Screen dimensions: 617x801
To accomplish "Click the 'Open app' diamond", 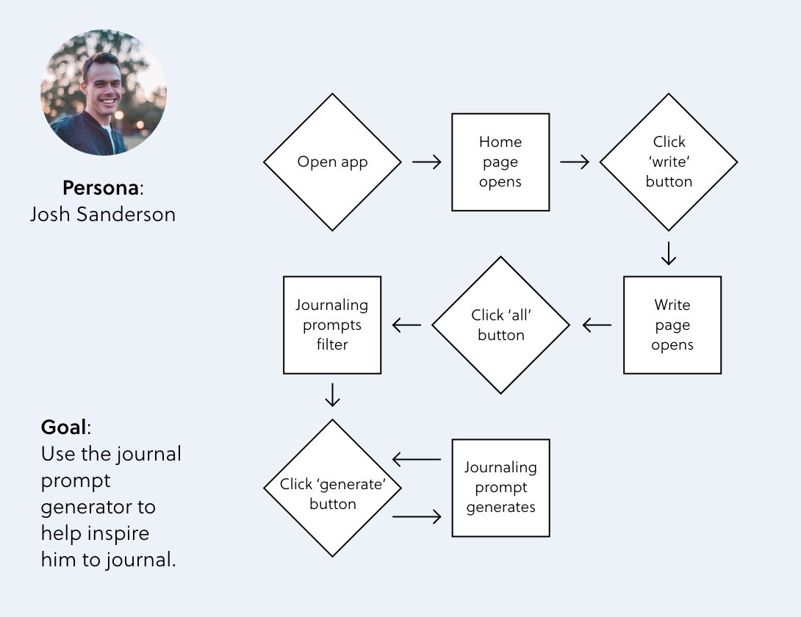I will [x=332, y=162].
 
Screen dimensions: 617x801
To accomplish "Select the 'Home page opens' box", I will [x=500, y=162].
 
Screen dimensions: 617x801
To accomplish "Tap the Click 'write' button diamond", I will [x=668, y=162].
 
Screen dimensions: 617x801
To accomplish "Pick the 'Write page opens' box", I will [x=672, y=325].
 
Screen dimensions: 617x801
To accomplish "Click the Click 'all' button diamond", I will [x=500, y=325].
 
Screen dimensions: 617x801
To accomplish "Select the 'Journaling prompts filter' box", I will [x=332, y=325].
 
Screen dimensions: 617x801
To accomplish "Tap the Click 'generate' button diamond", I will [x=332, y=488].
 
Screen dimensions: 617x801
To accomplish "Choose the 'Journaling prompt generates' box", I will [x=500, y=488].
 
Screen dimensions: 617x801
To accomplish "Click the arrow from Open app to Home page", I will [x=426, y=162].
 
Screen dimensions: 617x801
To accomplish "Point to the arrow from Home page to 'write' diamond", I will [x=575, y=162].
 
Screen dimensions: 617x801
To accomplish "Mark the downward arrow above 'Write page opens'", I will [x=668, y=253].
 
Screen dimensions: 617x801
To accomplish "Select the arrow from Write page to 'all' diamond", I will [x=597, y=325].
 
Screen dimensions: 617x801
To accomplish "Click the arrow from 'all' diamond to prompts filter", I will [x=406, y=325].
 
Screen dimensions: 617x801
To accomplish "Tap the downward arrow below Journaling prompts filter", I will [x=332, y=394].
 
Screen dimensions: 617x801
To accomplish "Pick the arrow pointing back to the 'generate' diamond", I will [x=417, y=460].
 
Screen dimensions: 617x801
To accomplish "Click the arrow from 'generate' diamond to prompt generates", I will [x=417, y=517].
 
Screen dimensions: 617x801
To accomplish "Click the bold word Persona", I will [x=101, y=188].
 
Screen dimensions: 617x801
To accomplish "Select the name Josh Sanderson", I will [x=103, y=214].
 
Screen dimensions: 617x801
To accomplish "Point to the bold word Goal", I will [x=63, y=427].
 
